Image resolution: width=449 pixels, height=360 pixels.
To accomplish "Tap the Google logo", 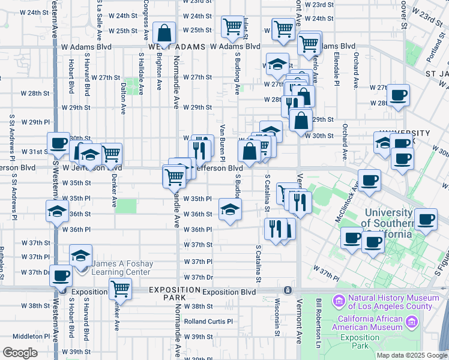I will coord(20,353).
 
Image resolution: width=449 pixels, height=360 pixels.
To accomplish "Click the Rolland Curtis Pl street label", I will coord(208,322).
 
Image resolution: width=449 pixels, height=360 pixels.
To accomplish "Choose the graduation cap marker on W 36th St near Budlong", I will coord(229,209).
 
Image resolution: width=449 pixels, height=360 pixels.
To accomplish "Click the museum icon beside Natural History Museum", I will coord(338,299).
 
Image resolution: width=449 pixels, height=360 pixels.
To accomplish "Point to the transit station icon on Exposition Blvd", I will coord(288,290).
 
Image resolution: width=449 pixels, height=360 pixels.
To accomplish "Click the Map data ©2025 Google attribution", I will coord(412,355).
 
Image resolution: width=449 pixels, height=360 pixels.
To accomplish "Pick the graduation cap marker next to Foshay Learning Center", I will coord(80,255).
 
